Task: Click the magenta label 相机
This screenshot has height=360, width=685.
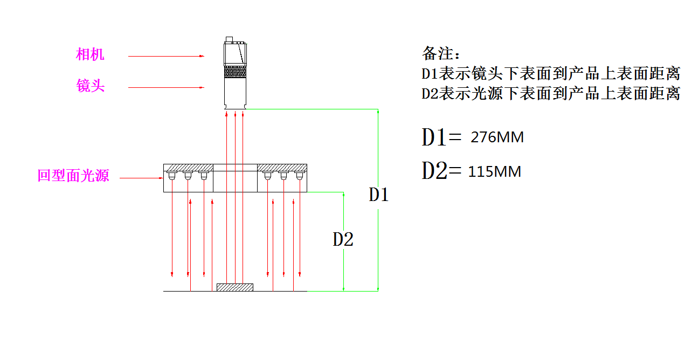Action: pyautogui.click(x=90, y=54)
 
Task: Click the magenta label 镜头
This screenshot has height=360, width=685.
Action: pyautogui.click(x=90, y=86)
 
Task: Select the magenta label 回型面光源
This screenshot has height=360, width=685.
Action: pyautogui.click(x=73, y=176)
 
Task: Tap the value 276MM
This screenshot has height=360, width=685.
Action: pyautogui.click(x=497, y=137)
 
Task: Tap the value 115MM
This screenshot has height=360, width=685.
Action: pyautogui.click(x=495, y=172)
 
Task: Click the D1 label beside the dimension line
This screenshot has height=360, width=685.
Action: pyautogui.click(x=378, y=195)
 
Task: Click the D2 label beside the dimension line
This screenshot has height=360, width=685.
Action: pyautogui.click(x=343, y=239)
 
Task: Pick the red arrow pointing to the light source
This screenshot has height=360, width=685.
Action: pyautogui.click(x=141, y=177)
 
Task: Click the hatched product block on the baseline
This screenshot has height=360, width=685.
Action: pyautogui.click(x=234, y=287)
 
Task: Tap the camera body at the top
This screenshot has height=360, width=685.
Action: pyautogui.click(x=235, y=53)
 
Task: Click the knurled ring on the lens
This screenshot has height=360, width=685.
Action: pyautogui.click(x=235, y=71)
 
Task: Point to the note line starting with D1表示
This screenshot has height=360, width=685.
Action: pyautogui.click(x=550, y=73)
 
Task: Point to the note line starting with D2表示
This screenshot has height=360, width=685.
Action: pyautogui.click(x=550, y=94)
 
